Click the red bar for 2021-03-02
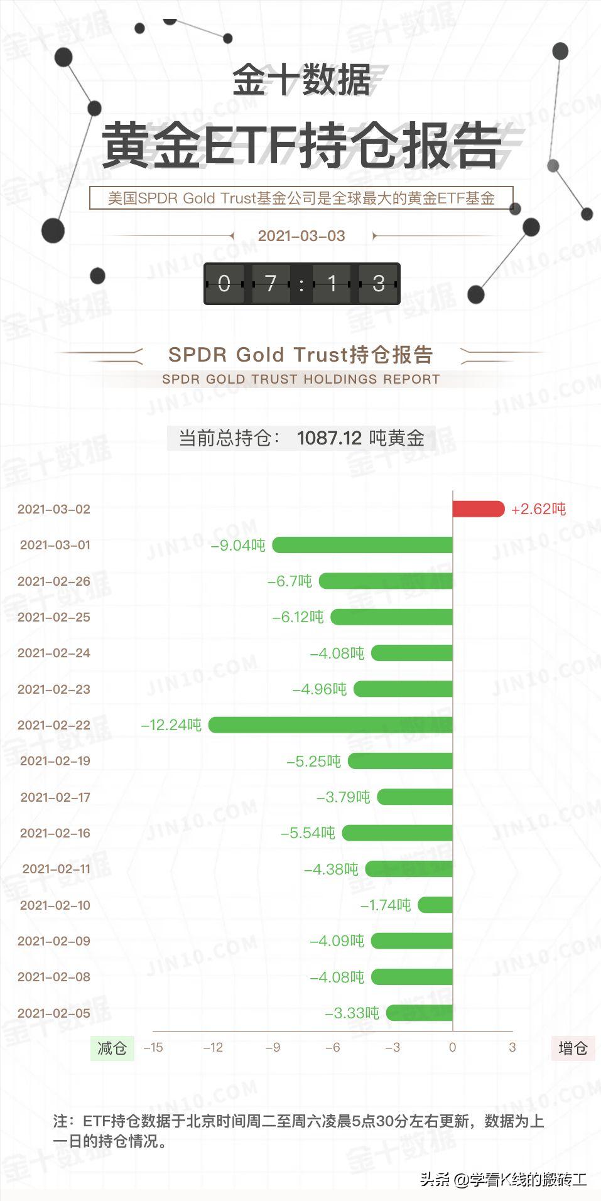coord(478,509)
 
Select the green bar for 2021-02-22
coord(330,724)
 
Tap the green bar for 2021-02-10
coord(435,905)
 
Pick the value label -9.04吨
coord(238,545)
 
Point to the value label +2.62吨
coord(538,509)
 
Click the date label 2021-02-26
coord(54,581)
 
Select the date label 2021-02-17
coord(55,797)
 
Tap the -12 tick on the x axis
coord(213,1047)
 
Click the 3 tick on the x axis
coord(512,1047)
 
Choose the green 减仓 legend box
coord(112,1048)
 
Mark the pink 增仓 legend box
coord(573,1048)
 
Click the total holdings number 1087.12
coord(329,438)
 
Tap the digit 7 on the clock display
coord(271,284)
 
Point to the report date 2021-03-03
coord(301,236)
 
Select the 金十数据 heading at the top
coord(301,80)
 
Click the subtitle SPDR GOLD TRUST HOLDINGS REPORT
coord(301,379)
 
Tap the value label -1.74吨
coord(386,905)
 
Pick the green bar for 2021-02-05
coord(420,1013)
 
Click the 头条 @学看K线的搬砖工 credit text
coord(503,1180)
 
